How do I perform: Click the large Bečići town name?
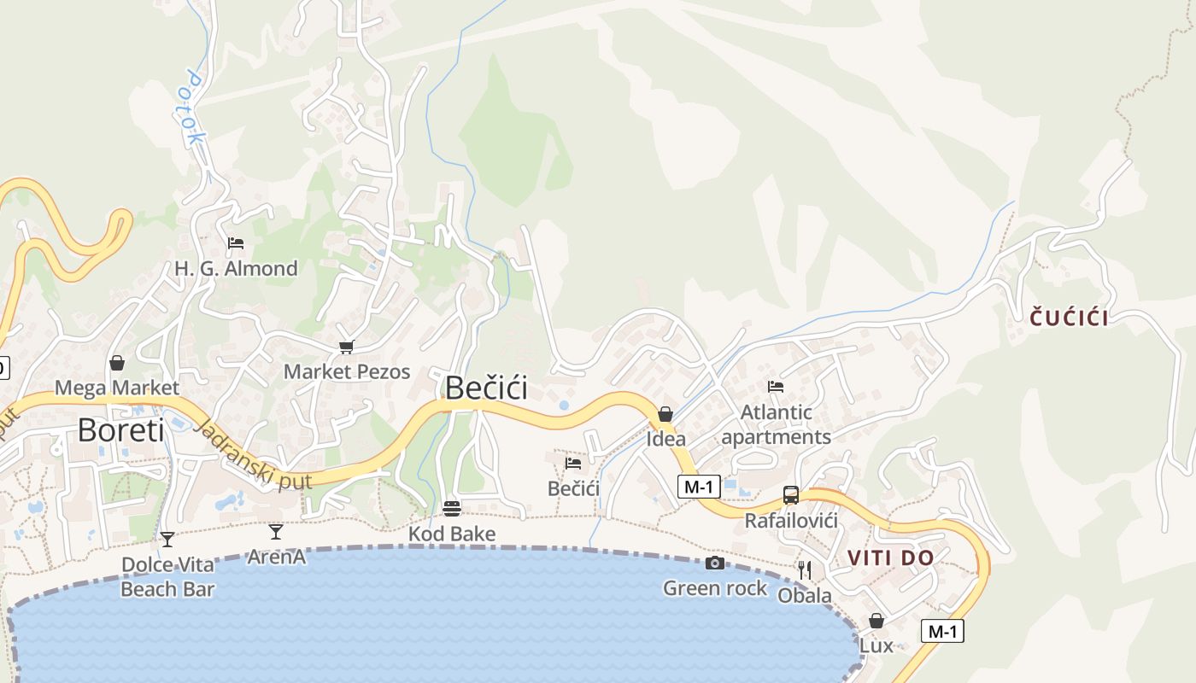tap(486, 388)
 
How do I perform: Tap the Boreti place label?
tap(120, 430)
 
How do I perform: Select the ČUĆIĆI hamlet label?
tap(1069, 318)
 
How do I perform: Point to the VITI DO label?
tap(890, 558)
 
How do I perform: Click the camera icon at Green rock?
tap(715, 563)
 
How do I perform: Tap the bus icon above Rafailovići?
tap(791, 495)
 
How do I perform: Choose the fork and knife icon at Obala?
tap(804, 569)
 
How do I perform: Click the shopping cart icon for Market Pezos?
tap(346, 347)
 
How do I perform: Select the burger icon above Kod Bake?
tap(452, 509)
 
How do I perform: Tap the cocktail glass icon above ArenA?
tap(275, 532)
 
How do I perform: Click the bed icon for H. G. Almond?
tap(236, 243)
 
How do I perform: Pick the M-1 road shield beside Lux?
tap(942, 632)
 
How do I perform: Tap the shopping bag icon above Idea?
tap(665, 414)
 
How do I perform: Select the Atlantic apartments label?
tap(776, 424)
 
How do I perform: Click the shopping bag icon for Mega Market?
tap(117, 363)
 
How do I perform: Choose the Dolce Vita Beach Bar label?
tap(167, 576)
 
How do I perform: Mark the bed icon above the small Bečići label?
tap(573, 464)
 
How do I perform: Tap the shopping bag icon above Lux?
tap(876, 621)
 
